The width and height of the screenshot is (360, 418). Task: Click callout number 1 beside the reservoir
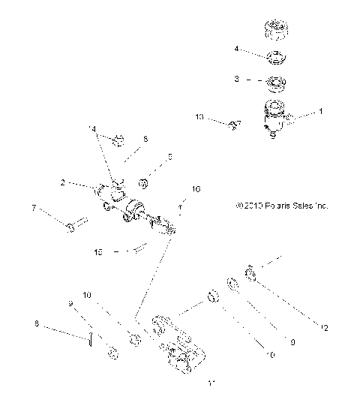click(322, 111)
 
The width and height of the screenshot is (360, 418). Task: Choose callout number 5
click(169, 157)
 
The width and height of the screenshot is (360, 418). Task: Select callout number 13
click(199, 117)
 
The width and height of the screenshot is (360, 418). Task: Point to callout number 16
click(196, 191)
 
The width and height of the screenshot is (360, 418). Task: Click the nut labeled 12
click(252, 275)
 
